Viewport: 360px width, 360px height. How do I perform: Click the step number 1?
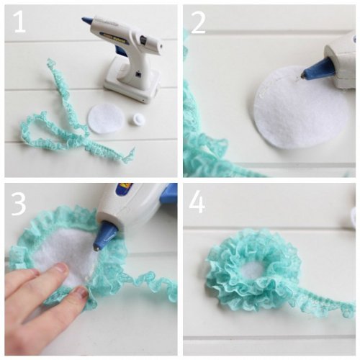click(x=19, y=22)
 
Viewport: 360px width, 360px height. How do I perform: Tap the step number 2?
click(x=198, y=23)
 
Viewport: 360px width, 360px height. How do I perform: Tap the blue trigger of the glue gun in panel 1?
click(x=120, y=51)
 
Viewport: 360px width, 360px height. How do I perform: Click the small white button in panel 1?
click(x=138, y=119)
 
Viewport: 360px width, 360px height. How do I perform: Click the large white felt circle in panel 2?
click(x=301, y=107)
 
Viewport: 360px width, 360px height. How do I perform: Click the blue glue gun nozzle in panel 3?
click(x=106, y=237)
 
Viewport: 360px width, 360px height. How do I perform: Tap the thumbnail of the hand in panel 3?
click(x=81, y=292)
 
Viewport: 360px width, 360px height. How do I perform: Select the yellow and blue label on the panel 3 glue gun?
click(x=124, y=189)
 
